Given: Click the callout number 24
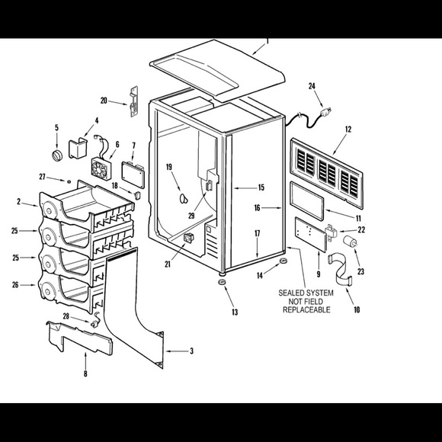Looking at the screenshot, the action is tap(312, 86).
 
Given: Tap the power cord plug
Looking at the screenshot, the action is tap(326, 113).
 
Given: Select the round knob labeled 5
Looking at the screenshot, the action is tap(57, 155).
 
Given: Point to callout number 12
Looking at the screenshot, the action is tap(348, 130).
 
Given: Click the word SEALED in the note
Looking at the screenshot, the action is tap(291, 293).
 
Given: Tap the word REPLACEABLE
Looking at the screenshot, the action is tap(306, 310).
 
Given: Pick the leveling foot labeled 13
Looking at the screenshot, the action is tap(222, 282).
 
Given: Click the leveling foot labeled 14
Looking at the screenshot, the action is tap(283, 260).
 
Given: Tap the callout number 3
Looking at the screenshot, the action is tap(192, 351).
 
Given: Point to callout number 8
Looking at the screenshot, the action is tap(85, 373).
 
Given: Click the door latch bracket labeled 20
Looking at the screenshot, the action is tap(133, 101).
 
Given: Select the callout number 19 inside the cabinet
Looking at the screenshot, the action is tap(169, 167).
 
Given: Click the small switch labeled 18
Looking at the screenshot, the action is tap(137, 195).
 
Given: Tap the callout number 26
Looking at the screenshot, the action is tap(15, 285).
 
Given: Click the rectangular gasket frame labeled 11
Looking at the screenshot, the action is tap(307, 201).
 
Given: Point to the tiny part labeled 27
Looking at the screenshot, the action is tap(69, 182).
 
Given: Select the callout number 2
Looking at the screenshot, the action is tap(18, 201).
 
